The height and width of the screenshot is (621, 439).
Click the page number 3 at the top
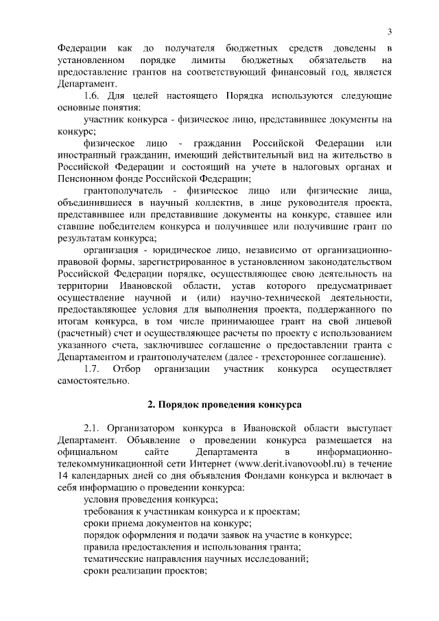[x=389, y=31]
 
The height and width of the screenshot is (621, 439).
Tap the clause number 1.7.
[x=93, y=369]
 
